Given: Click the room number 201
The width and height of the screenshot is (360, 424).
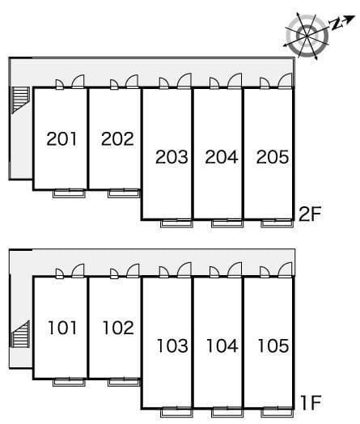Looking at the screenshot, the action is tap(61, 138).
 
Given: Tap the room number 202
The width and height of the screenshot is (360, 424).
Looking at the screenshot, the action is tap(117, 138).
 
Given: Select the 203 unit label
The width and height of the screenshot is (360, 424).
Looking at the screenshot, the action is tap(172, 157).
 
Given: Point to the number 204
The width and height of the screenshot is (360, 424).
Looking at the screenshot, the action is tap(222, 157).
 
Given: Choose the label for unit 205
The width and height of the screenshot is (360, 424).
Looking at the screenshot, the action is tap(273, 157).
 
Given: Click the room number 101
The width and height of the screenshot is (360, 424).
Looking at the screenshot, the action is tap(62, 328).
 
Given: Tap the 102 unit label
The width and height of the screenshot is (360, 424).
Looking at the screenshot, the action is tap(118, 328).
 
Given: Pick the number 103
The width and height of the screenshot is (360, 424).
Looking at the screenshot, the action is tap(172, 346).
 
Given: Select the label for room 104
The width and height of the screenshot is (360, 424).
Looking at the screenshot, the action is tap(222, 346).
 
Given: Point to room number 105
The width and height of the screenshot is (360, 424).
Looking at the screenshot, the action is tap(273, 346).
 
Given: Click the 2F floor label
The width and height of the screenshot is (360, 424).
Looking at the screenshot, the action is tap(310, 214).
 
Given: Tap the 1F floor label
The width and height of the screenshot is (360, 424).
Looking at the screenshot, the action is tap(311, 403).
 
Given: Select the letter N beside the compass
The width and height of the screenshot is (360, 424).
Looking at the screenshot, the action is tap(337, 25).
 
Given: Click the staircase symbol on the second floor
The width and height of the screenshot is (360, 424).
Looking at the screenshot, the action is tap(20, 99).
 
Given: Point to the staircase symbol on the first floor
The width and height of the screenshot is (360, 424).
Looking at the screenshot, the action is tap(20, 334).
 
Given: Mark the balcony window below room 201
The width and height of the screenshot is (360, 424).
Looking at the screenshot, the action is tap(70, 193).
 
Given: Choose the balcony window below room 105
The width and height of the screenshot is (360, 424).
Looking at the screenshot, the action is tap(277, 413).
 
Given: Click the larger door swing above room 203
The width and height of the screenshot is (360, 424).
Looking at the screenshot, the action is tap(184, 81).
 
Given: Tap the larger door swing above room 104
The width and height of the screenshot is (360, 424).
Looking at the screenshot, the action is tap(235, 270).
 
